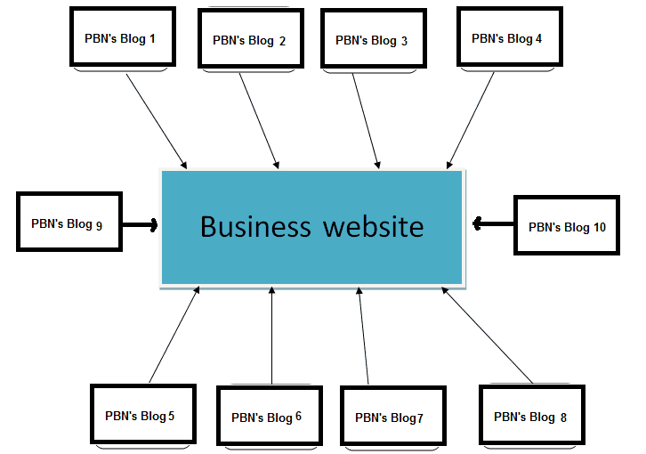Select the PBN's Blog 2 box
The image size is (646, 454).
point(250,40)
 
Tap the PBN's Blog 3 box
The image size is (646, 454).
point(372,40)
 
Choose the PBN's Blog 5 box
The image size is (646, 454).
point(141,415)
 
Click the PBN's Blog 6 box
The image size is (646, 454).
point(268,417)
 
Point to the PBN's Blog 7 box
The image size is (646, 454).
point(392,418)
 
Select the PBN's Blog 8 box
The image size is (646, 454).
point(531,417)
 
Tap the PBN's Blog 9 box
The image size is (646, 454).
point(69,223)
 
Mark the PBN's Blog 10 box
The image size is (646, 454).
point(567,227)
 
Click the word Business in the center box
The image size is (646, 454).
point(255,226)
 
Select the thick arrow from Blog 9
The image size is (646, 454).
point(140,224)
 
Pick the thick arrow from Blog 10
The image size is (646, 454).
point(494,223)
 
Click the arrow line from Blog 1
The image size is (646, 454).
point(156,120)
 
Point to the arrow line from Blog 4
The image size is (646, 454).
point(471,120)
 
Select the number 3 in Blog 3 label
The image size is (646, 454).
point(404,41)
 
